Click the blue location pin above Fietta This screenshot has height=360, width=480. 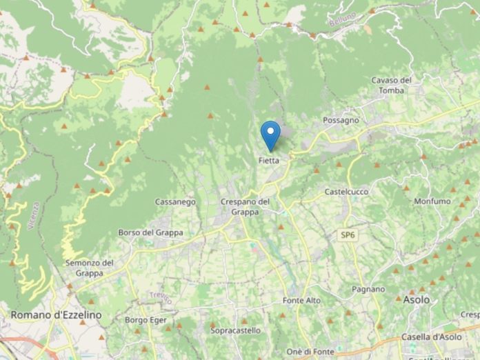coord(270,134)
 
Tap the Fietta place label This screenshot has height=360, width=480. coord(269,161)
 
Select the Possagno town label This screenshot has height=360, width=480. coord(341,120)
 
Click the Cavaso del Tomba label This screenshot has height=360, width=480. coord(391,85)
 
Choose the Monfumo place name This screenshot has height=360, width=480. coord(432,201)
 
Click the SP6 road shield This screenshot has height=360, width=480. coord(348,235)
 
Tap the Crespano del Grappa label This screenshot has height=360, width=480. coord(245,206)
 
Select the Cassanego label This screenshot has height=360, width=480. coord(175,202)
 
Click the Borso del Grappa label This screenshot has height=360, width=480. coord(150,232)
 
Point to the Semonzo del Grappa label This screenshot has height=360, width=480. coord(89,268)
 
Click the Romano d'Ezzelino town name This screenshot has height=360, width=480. coord(56,314)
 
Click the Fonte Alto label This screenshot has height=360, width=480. coord(301,301)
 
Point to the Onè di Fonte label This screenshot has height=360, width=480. coord(310,352)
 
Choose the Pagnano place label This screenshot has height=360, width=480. coord(367,289)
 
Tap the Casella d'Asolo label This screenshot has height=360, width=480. coord(438,337)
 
